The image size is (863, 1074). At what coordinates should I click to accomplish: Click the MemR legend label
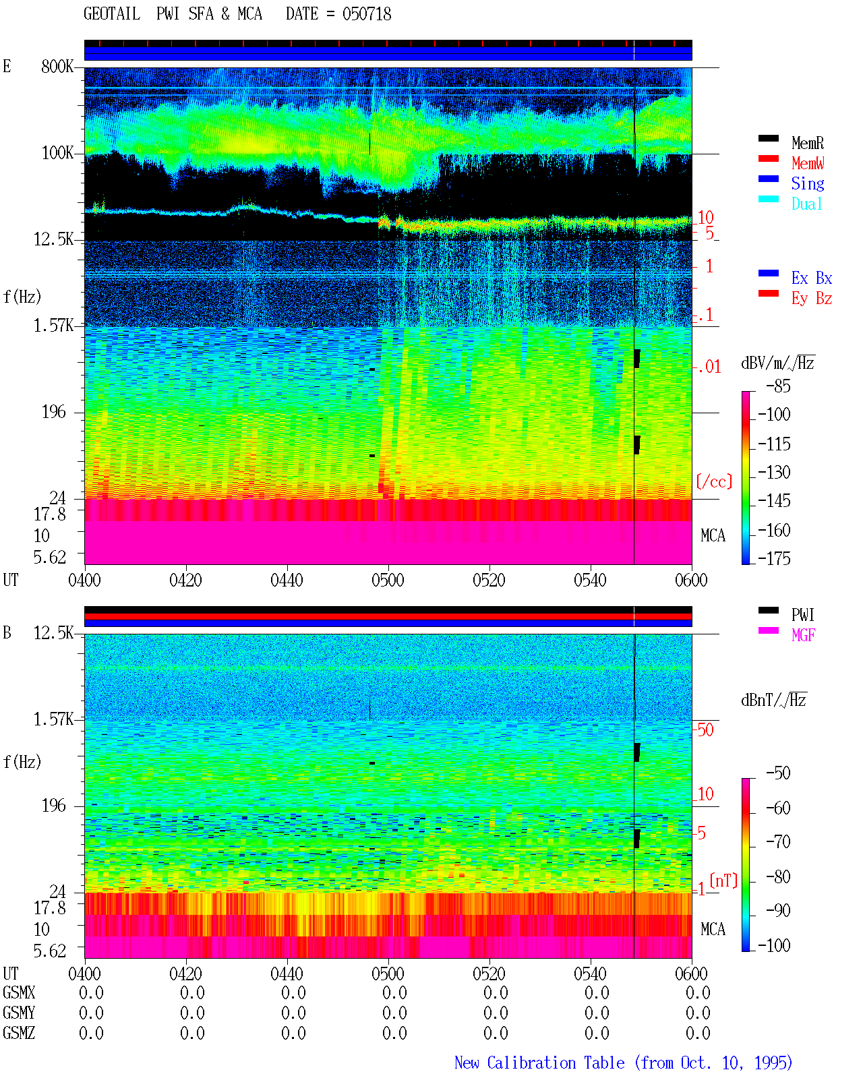pyautogui.click(x=807, y=143)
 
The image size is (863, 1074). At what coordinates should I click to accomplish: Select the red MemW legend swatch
pyautogui.click(x=768, y=158)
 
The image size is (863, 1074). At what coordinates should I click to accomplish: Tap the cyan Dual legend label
pyautogui.click(x=806, y=204)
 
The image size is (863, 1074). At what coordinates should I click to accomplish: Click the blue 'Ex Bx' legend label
pyautogui.click(x=811, y=278)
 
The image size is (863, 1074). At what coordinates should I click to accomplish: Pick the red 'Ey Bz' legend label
pyautogui.click(x=811, y=299)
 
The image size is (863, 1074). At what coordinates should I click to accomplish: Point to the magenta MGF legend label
pyautogui.click(x=803, y=635)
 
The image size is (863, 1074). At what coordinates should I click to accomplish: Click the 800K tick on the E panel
pyautogui.click(x=57, y=66)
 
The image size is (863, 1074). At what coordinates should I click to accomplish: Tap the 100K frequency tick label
pyautogui.click(x=57, y=153)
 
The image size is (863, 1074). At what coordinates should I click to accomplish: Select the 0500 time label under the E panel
pyautogui.click(x=388, y=580)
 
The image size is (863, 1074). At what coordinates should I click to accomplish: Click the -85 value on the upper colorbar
pyautogui.click(x=778, y=386)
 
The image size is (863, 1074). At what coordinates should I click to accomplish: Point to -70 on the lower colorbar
pyautogui.click(x=778, y=841)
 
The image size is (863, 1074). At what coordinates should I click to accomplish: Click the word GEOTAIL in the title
pyautogui.click(x=112, y=14)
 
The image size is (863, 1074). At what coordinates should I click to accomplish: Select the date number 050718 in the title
pyautogui.click(x=366, y=14)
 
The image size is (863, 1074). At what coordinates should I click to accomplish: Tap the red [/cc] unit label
pyautogui.click(x=714, y=481)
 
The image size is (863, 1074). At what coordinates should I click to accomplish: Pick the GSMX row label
pyautogui.click(x=19, y=992)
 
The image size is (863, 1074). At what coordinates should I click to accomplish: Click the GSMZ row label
pyautogui.click(x=19, y=1033)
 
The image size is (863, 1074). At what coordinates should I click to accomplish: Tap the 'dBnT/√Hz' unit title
pyautogui.click(x=774, y=700)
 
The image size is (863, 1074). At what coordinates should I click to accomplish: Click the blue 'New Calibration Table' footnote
pyautogui.click(x=539, y=1063)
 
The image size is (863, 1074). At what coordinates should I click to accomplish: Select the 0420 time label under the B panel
pyautogui.click(x=185, y=974)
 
